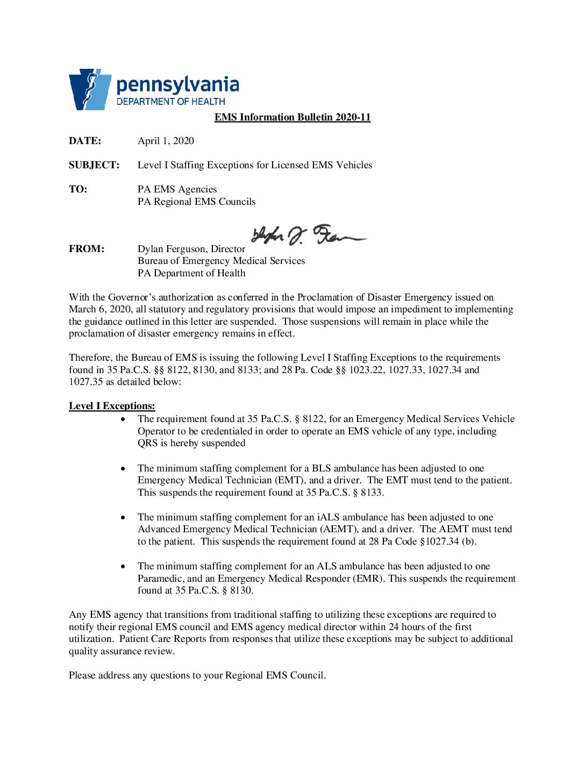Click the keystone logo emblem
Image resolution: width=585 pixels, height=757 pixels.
tap(89, 89)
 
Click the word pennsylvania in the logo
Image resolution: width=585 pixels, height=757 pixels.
tap(177, 85)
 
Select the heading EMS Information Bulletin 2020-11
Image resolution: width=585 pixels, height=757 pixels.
tap(292, 117)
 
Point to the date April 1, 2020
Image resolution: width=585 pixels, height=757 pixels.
tap(166, 141)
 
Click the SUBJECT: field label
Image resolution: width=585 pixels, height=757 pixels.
tap(94, 165)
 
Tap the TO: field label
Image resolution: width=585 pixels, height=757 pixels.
tap(78, 189)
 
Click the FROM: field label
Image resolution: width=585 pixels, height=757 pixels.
tap(87, 249)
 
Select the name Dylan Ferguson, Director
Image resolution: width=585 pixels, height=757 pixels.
tap(191, 249)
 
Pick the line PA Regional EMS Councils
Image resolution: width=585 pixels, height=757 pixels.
tap(196, 202)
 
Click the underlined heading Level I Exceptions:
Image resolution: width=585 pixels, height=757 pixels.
tap(112, 406)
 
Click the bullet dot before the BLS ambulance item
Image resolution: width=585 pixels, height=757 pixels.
tap(124, 468)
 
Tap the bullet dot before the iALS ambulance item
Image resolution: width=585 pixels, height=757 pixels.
tap(124, 517)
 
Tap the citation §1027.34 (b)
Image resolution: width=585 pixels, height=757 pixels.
tap(447, 541)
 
